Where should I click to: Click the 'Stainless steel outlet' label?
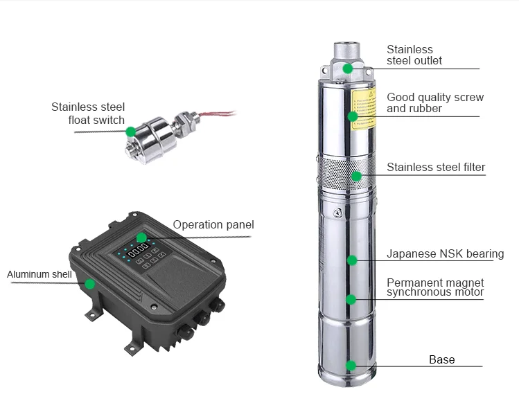[414, 55]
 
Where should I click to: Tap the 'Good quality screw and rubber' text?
[434, 102]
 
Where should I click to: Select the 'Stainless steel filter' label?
[435, 167]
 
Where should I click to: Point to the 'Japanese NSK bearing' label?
[445, 253]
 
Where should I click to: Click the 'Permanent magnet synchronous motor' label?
[435, 287]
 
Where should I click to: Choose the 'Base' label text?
[441, 359]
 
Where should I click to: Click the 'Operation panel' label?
[213, 224]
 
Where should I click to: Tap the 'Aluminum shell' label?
[39, 274]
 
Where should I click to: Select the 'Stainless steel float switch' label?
[88, 114]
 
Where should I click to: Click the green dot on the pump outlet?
[348, 68]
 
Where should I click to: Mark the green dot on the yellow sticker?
[353, 116]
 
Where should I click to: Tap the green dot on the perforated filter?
[356, 176]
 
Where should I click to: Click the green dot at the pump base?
[351, 365]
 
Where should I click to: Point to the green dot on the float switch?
[130, 131]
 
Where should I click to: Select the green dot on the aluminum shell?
[89, 283]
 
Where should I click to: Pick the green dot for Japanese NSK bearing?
[352, 260]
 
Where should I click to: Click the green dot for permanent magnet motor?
[351, 299]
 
